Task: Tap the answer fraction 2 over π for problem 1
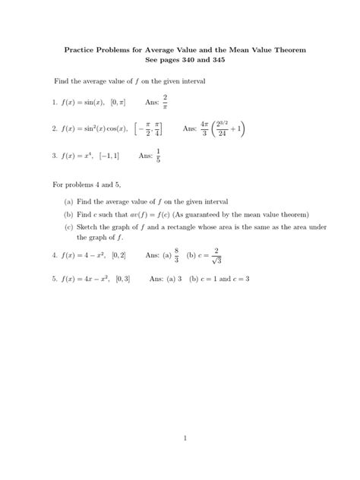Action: [165, 102]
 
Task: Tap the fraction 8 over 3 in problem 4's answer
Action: [176, 256]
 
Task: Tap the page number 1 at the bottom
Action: [180, 437]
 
